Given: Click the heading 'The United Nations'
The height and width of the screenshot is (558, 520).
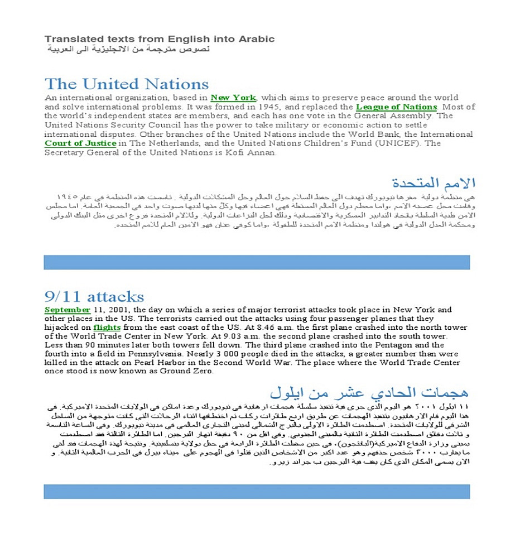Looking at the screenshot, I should (127, 84).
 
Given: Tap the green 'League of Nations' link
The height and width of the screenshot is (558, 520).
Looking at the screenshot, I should (396, 107).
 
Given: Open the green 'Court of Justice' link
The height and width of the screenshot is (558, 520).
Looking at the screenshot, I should (80, 143).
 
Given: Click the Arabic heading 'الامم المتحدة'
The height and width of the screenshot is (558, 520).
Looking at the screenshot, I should (434, 183).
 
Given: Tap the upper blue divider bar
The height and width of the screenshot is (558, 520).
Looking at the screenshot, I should (257, 262).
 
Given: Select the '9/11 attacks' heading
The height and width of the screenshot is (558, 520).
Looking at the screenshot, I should (94, 296).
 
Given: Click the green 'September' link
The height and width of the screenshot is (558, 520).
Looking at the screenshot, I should (67, 310).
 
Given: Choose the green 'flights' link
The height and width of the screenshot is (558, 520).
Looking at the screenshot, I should (107, 328).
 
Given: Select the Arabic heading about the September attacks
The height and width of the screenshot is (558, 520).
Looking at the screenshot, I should (369, 391).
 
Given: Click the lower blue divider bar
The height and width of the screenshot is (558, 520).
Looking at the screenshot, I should (257, 491).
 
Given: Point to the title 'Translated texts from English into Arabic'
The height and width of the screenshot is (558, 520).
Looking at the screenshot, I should (160, 39).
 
